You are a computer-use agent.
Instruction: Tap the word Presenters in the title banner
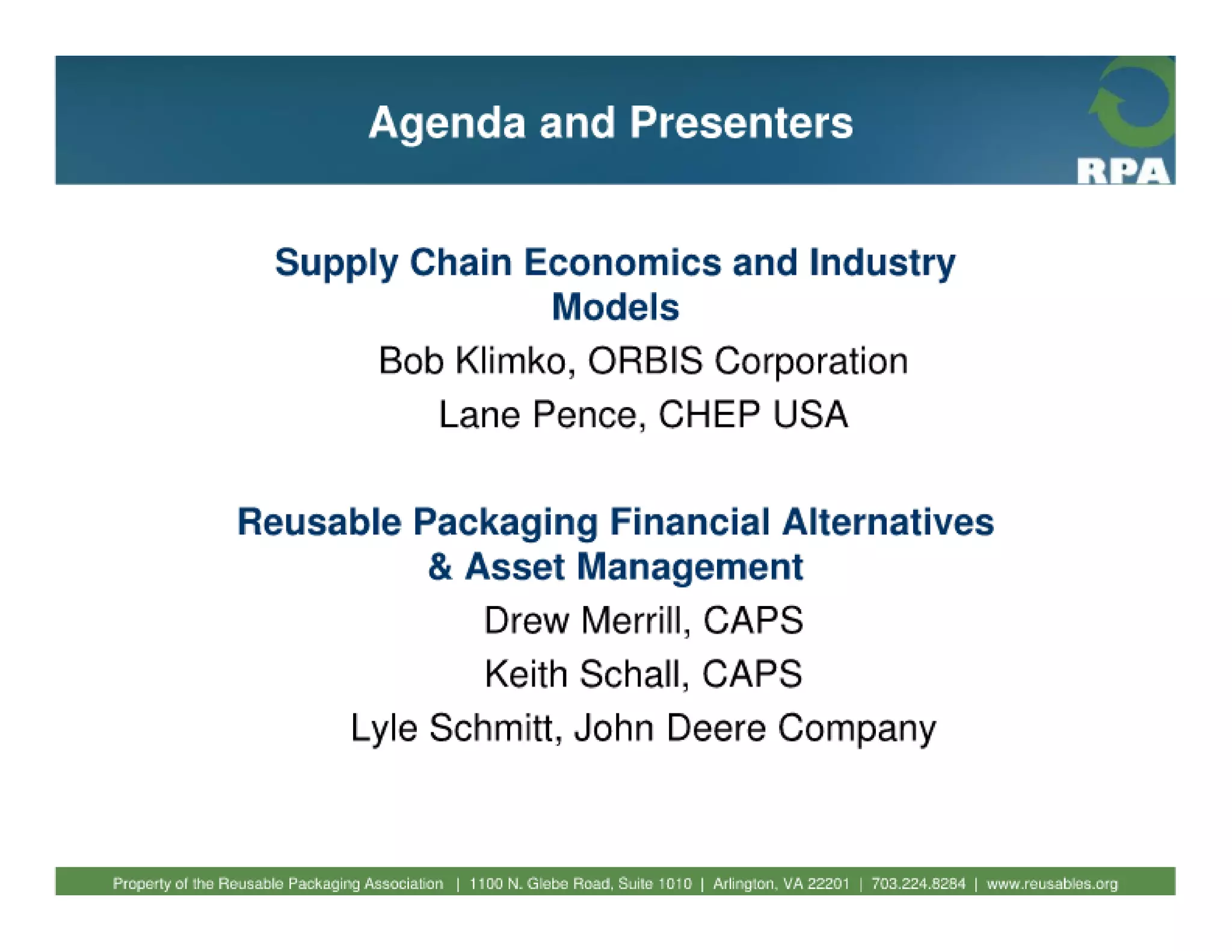pos(741,123)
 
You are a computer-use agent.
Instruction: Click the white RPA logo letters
pos(1123,172)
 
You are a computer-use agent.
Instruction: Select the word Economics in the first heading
pos(622,263)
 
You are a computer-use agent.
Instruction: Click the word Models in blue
pos(615,307)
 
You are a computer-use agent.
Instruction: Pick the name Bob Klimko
pos(472,361)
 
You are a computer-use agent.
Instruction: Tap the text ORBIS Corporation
pos(747,361)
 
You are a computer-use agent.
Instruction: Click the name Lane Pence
pos(538,415)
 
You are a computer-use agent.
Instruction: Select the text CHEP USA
pos(753,415)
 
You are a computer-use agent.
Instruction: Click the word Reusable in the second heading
pos(319,522)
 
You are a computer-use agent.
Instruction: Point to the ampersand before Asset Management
pos(440,567)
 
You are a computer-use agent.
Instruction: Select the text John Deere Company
pos(754,728)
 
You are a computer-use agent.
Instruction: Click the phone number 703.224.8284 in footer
pos(918,884)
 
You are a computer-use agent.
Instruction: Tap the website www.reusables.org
pos(1052,884)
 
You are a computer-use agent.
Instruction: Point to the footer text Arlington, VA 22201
pos(781,884)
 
